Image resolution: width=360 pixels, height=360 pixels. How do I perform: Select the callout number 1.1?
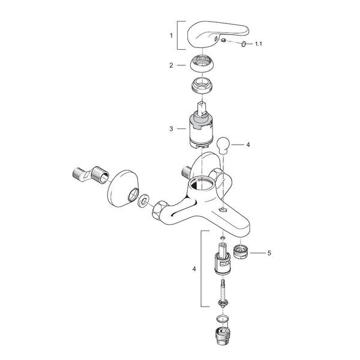(x=259, y=44)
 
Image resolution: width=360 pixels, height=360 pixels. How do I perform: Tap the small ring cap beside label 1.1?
(x=244, y=43)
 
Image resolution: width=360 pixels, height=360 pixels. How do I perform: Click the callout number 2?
(x=171, y=65)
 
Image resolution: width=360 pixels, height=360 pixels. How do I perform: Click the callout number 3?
(x=171, y=129)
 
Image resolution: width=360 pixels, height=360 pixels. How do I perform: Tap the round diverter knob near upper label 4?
(x=223, y=146)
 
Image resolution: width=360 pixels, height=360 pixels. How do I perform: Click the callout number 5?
(x=269, y=253)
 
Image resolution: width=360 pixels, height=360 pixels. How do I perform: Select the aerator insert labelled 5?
(x=240, y=251)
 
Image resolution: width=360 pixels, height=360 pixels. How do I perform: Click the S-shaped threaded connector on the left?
(x=91, y=175)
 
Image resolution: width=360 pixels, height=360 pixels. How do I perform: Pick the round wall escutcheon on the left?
(x=123, y=189)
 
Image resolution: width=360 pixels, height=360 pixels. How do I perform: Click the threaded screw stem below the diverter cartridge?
(x=223, y=293)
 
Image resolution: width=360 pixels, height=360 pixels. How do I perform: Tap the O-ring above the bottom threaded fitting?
(x=223, y=319)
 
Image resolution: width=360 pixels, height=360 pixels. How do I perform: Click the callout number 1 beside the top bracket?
(x=171, y=35)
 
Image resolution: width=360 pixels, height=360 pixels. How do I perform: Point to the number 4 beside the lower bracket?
(x=194, y=269)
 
